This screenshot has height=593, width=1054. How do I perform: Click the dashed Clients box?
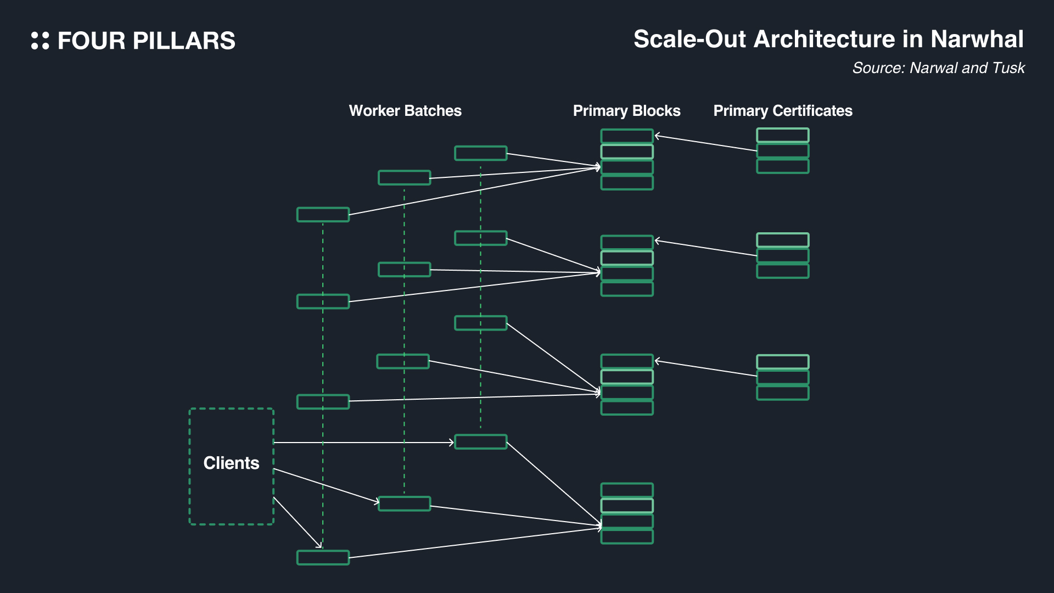pos(231,466)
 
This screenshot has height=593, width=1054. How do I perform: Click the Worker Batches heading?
pos(405,111)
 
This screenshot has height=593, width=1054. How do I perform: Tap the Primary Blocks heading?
pos(626,111)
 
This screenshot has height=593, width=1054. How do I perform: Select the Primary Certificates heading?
pos(782,111)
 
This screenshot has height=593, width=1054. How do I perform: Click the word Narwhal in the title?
pos(977,40)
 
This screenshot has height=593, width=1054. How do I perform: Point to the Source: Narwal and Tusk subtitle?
pos(938,68)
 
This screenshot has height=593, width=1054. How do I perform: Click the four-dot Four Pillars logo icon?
pos(40,41)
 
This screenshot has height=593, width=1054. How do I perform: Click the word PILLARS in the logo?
pos(184,41)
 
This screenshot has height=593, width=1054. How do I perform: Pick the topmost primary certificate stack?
pos(782,151)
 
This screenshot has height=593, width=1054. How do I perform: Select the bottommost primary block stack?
pos(626,513)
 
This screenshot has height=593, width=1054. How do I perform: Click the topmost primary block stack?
pos(626,159)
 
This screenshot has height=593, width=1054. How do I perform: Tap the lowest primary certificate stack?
pos(782,377)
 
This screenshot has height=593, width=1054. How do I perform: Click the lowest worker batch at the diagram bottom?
pos(323,557)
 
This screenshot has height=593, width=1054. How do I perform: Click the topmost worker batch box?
pos(480,153)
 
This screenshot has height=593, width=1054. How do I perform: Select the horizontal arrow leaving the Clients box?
pos(362,443)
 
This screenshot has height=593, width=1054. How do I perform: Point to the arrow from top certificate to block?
pos(705,143)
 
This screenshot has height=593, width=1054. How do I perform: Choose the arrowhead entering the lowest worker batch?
pos(318,545)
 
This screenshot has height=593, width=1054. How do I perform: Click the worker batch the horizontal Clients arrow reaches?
pos(480,441)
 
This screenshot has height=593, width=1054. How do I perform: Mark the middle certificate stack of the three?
pos(782,255)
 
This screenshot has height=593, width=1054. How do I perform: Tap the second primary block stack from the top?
pos(626,266)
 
